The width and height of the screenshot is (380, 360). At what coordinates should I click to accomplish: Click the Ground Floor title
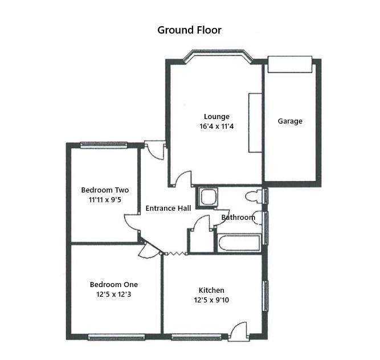point(189,30)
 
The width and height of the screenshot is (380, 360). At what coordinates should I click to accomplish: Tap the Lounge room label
point(216,117)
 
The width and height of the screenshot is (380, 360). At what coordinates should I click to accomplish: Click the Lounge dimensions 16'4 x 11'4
point(216,126)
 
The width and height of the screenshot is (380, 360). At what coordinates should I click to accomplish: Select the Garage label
point(290,121)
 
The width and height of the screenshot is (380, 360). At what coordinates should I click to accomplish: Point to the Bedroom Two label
point(105,190)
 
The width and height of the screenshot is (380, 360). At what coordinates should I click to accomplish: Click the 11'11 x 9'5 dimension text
point(105,200)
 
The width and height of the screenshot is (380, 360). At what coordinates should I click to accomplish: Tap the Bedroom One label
point(114,284)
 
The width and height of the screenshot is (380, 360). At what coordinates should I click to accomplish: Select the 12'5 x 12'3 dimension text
point(114,294)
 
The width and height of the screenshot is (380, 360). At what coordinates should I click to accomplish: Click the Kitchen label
point(211,290)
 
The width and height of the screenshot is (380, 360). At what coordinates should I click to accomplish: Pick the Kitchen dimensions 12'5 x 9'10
point(211,300)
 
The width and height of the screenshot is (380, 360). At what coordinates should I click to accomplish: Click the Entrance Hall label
point(168,208)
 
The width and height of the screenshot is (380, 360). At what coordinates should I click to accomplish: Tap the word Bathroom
point(238,217)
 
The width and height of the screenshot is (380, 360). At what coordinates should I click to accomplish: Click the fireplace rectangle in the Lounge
point(254,122)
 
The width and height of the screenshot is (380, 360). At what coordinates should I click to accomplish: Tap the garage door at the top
point(290,64)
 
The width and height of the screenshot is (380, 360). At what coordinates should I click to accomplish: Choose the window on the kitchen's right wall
point(265,295)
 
